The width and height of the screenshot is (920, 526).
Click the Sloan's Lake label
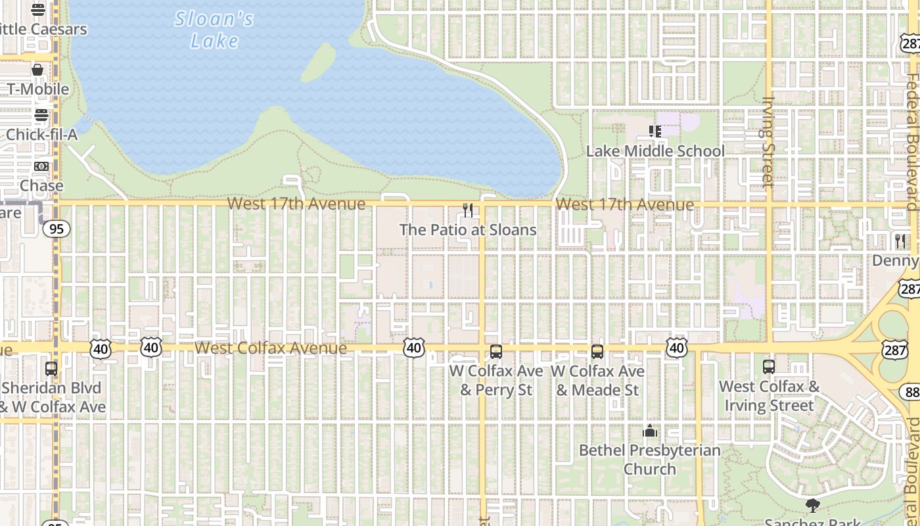tap(214, 30)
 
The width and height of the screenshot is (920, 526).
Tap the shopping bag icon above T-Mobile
tap(37, 70)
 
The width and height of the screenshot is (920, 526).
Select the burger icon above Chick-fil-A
tap(41, 116)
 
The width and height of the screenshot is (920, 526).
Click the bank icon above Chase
tap(41, 166)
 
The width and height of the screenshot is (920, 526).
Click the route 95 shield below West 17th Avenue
tap(57, 229)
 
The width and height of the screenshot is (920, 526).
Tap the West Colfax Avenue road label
tap(271, 348)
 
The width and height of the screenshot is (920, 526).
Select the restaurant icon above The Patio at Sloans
tap(468, 210)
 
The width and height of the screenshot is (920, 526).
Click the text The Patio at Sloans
tap(468, 230)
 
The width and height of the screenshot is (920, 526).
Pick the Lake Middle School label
tap(655, 151)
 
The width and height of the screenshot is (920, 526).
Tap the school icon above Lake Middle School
tap(655, 131)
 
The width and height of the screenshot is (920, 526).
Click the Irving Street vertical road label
tap(769, 141)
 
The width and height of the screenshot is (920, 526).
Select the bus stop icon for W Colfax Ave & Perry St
tap(496, 352)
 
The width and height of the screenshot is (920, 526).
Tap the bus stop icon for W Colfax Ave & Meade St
tap(597, 352)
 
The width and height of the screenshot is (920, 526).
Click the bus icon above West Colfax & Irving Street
tap(769, 367)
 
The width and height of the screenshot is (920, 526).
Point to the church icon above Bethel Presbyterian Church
tap(650, 431)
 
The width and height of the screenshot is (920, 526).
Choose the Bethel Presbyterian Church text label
tap(649, 460)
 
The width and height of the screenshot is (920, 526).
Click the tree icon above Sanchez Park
tap(813, 506)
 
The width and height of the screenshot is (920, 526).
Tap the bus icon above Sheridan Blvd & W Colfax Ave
tap(51, 369)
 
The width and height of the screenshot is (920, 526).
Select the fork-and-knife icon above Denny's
tap(900, 241)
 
